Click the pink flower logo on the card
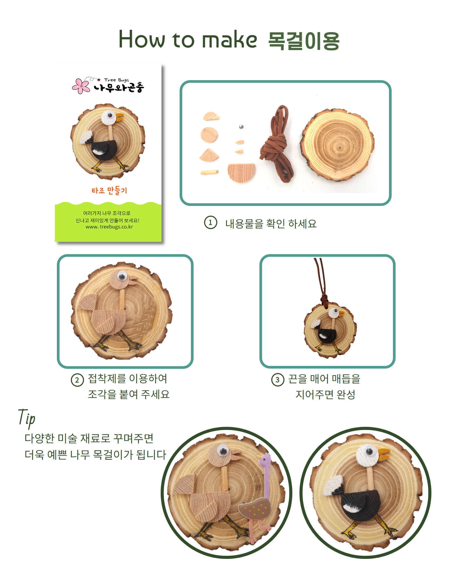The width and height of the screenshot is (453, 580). click(x=81, y=86)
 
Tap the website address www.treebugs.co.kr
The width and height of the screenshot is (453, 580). click(x=109, y=227)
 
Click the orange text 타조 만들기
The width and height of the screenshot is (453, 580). click(x=109, y=190)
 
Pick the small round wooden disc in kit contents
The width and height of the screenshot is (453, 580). click(x=209, y=135)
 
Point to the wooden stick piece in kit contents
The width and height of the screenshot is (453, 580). click(x=209, y=172)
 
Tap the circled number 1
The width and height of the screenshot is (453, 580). click(x=211, y=223)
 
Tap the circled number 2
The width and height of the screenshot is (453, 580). click(x=77, y=380)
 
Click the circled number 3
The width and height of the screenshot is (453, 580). click(x=278, y=380)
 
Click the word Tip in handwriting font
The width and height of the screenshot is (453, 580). click(x=27, y=418)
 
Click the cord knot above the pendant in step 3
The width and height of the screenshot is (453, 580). click(x=324, y=300)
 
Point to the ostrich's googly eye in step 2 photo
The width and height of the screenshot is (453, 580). click(x=122, y=276)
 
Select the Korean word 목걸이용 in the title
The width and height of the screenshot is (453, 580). click(x=304, y=41)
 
